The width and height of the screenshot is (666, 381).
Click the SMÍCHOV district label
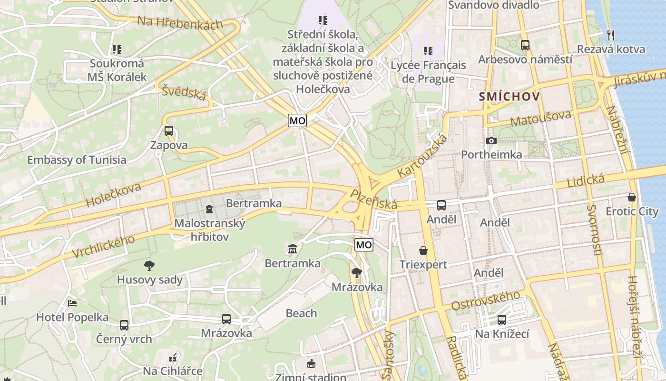(x=509, y=97)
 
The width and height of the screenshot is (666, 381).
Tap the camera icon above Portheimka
(x=491, y=140)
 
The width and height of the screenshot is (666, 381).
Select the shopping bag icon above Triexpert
(x=423, y=251)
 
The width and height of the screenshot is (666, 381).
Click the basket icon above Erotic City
(x=632, y=197)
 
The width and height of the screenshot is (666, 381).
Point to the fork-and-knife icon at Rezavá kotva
(x=611, y=35)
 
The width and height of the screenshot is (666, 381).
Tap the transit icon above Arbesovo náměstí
(x=525, y=45)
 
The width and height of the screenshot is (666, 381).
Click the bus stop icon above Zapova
(x=169, y=131)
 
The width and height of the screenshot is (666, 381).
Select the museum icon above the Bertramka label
(x=292, y=249)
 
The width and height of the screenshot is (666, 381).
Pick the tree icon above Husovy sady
(x=149, y=265)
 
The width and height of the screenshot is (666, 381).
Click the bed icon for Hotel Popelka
(x=72, y=303)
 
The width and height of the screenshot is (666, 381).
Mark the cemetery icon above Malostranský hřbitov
(x=209, y=209)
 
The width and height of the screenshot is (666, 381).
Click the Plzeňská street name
(x=373, y=200)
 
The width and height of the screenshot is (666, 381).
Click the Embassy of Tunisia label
(x=77, y=160)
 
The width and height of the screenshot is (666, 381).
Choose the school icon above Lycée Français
(x=428, y=50)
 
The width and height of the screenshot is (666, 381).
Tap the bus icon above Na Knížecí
(x=502, y=320)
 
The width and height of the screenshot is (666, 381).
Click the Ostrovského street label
(x=486, y=301)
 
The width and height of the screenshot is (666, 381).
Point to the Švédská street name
(x=184, y=92)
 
